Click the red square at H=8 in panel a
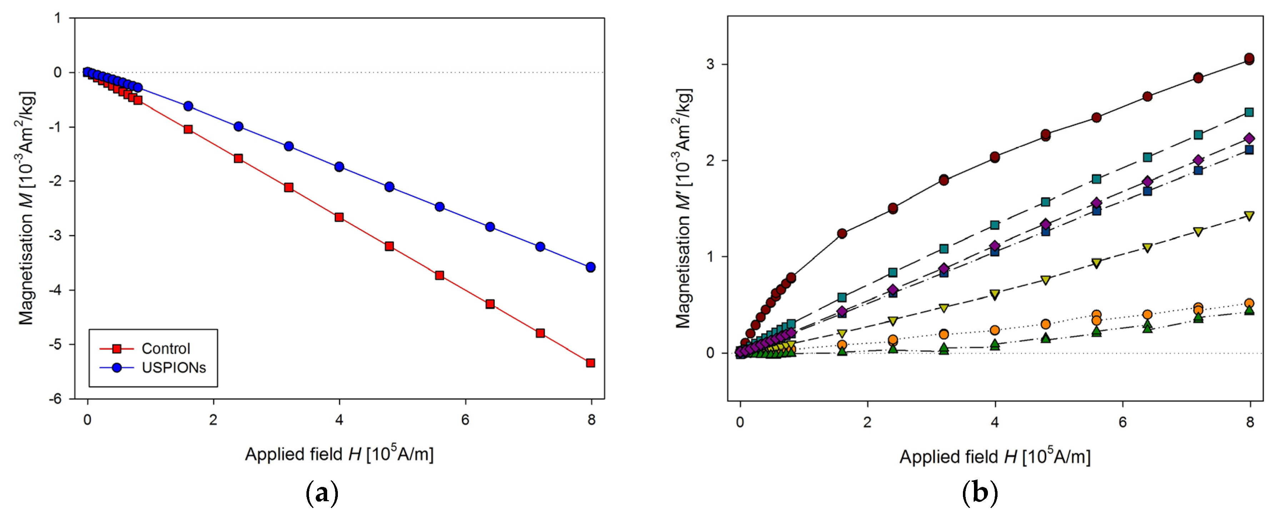pyautogui.click(x=591, y=363)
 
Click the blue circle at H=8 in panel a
pyautogui.click(x=591, y=267)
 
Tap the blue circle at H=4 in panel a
pyautogui.click(x=339, y=166)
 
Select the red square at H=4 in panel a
pyautogui.click(x=339, y=217)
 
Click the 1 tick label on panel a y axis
pyautogui.click(x=58, y=19)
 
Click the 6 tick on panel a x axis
pyautogui.click(x=465, y=420)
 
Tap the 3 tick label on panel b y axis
pyautogui.click(x=710, y=64)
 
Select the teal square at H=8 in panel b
pyautogui.click(x=1249, y=112)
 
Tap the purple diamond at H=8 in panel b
pyautogui.click(x=1249, y=139)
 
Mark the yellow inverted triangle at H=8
pyautogui.click(x=1249, y=216)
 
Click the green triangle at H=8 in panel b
pyautogui.click(x=1249, y=310)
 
